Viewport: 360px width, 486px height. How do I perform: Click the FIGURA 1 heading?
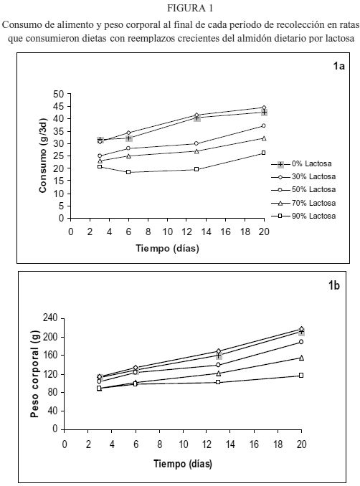190,9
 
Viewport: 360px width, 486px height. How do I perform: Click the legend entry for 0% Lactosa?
303,164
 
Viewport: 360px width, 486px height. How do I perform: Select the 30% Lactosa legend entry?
303,177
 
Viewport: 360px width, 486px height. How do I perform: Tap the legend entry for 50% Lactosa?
303,190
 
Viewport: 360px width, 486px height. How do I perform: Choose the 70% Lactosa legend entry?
303,204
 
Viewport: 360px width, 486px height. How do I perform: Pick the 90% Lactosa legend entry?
303,216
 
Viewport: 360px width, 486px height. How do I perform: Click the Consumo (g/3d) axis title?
43,156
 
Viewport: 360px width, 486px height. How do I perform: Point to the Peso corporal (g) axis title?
35,374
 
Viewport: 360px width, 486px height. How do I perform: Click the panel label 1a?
338,66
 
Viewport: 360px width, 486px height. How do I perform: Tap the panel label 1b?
334,285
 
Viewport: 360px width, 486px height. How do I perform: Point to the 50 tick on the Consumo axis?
57,94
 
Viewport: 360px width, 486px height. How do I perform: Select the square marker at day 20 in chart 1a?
264,153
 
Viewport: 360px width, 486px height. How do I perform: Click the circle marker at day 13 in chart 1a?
196,143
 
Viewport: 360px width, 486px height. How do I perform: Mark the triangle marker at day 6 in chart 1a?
128,156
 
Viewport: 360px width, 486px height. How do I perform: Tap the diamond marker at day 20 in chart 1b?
301,328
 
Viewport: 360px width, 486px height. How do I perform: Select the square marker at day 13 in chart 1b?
218,382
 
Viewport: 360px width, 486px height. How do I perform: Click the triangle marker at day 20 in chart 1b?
301,358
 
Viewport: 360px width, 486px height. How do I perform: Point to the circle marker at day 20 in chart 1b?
301,342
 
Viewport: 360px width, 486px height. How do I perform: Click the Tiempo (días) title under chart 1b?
183,464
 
